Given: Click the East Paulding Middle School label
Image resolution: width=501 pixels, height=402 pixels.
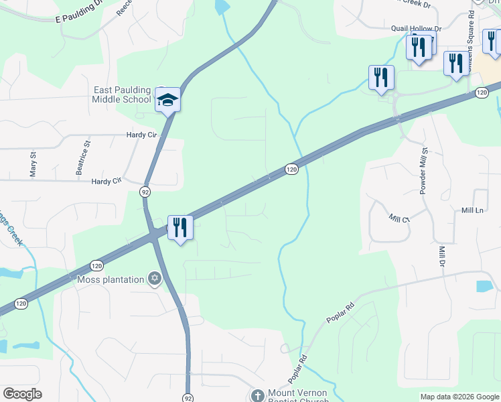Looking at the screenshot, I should tap(121, 94).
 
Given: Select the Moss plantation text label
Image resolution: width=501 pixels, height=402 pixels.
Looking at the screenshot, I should tap(111, 279).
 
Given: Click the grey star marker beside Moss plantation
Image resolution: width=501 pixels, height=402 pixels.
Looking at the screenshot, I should tap(155, 278).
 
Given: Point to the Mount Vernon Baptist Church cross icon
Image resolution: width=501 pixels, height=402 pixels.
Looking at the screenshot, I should tap(257, 395).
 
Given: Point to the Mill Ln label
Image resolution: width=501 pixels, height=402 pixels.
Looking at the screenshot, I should tap(472, 210).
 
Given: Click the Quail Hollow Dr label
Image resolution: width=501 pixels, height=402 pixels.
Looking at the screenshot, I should tap(417, 29).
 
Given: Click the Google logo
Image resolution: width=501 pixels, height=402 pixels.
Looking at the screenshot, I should tap(22, 394).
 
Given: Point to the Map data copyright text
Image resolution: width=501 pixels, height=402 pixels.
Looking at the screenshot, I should tap(459, 397).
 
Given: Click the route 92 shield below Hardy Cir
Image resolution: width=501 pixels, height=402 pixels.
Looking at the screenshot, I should tap(145, 192).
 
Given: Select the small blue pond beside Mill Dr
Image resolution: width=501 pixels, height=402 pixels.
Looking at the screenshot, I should tap(484, 286).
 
